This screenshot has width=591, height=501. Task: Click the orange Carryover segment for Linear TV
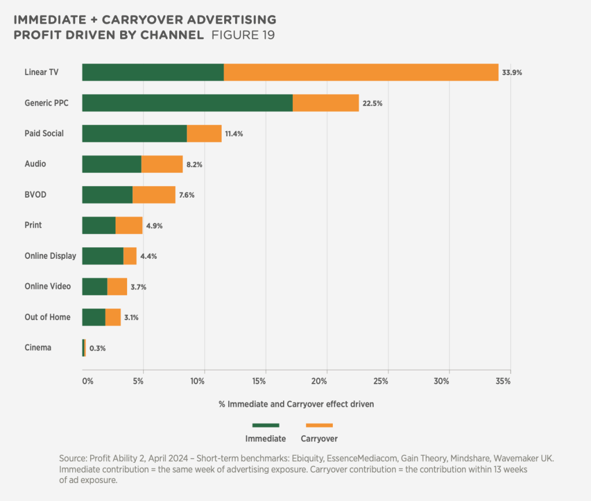coord(360,72)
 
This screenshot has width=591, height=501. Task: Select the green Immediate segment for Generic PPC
coord(187,103)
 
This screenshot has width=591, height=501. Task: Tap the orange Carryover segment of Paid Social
coord(204,133)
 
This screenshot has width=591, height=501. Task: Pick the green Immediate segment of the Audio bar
coord(111,164)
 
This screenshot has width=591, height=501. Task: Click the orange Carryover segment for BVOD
coord(154,195)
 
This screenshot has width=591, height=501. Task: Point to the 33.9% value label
coord(512,73)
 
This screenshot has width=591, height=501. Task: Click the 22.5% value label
coord(373,103)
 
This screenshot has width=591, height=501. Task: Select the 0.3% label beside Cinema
coord(98,348)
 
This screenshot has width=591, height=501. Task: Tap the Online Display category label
coord(50,256)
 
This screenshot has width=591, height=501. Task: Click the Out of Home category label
coord(47,317)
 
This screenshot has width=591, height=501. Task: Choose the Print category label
coord(33,225)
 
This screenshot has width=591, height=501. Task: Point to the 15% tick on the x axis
coord(259,381)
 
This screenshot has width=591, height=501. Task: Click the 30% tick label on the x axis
coord(442,381)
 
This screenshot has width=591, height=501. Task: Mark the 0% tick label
coord(87,381)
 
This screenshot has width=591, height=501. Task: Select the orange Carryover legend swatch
coord(319,426)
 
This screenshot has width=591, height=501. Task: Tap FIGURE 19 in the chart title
coord(243,35)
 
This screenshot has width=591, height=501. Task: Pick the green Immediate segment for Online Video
coord(95,287)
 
